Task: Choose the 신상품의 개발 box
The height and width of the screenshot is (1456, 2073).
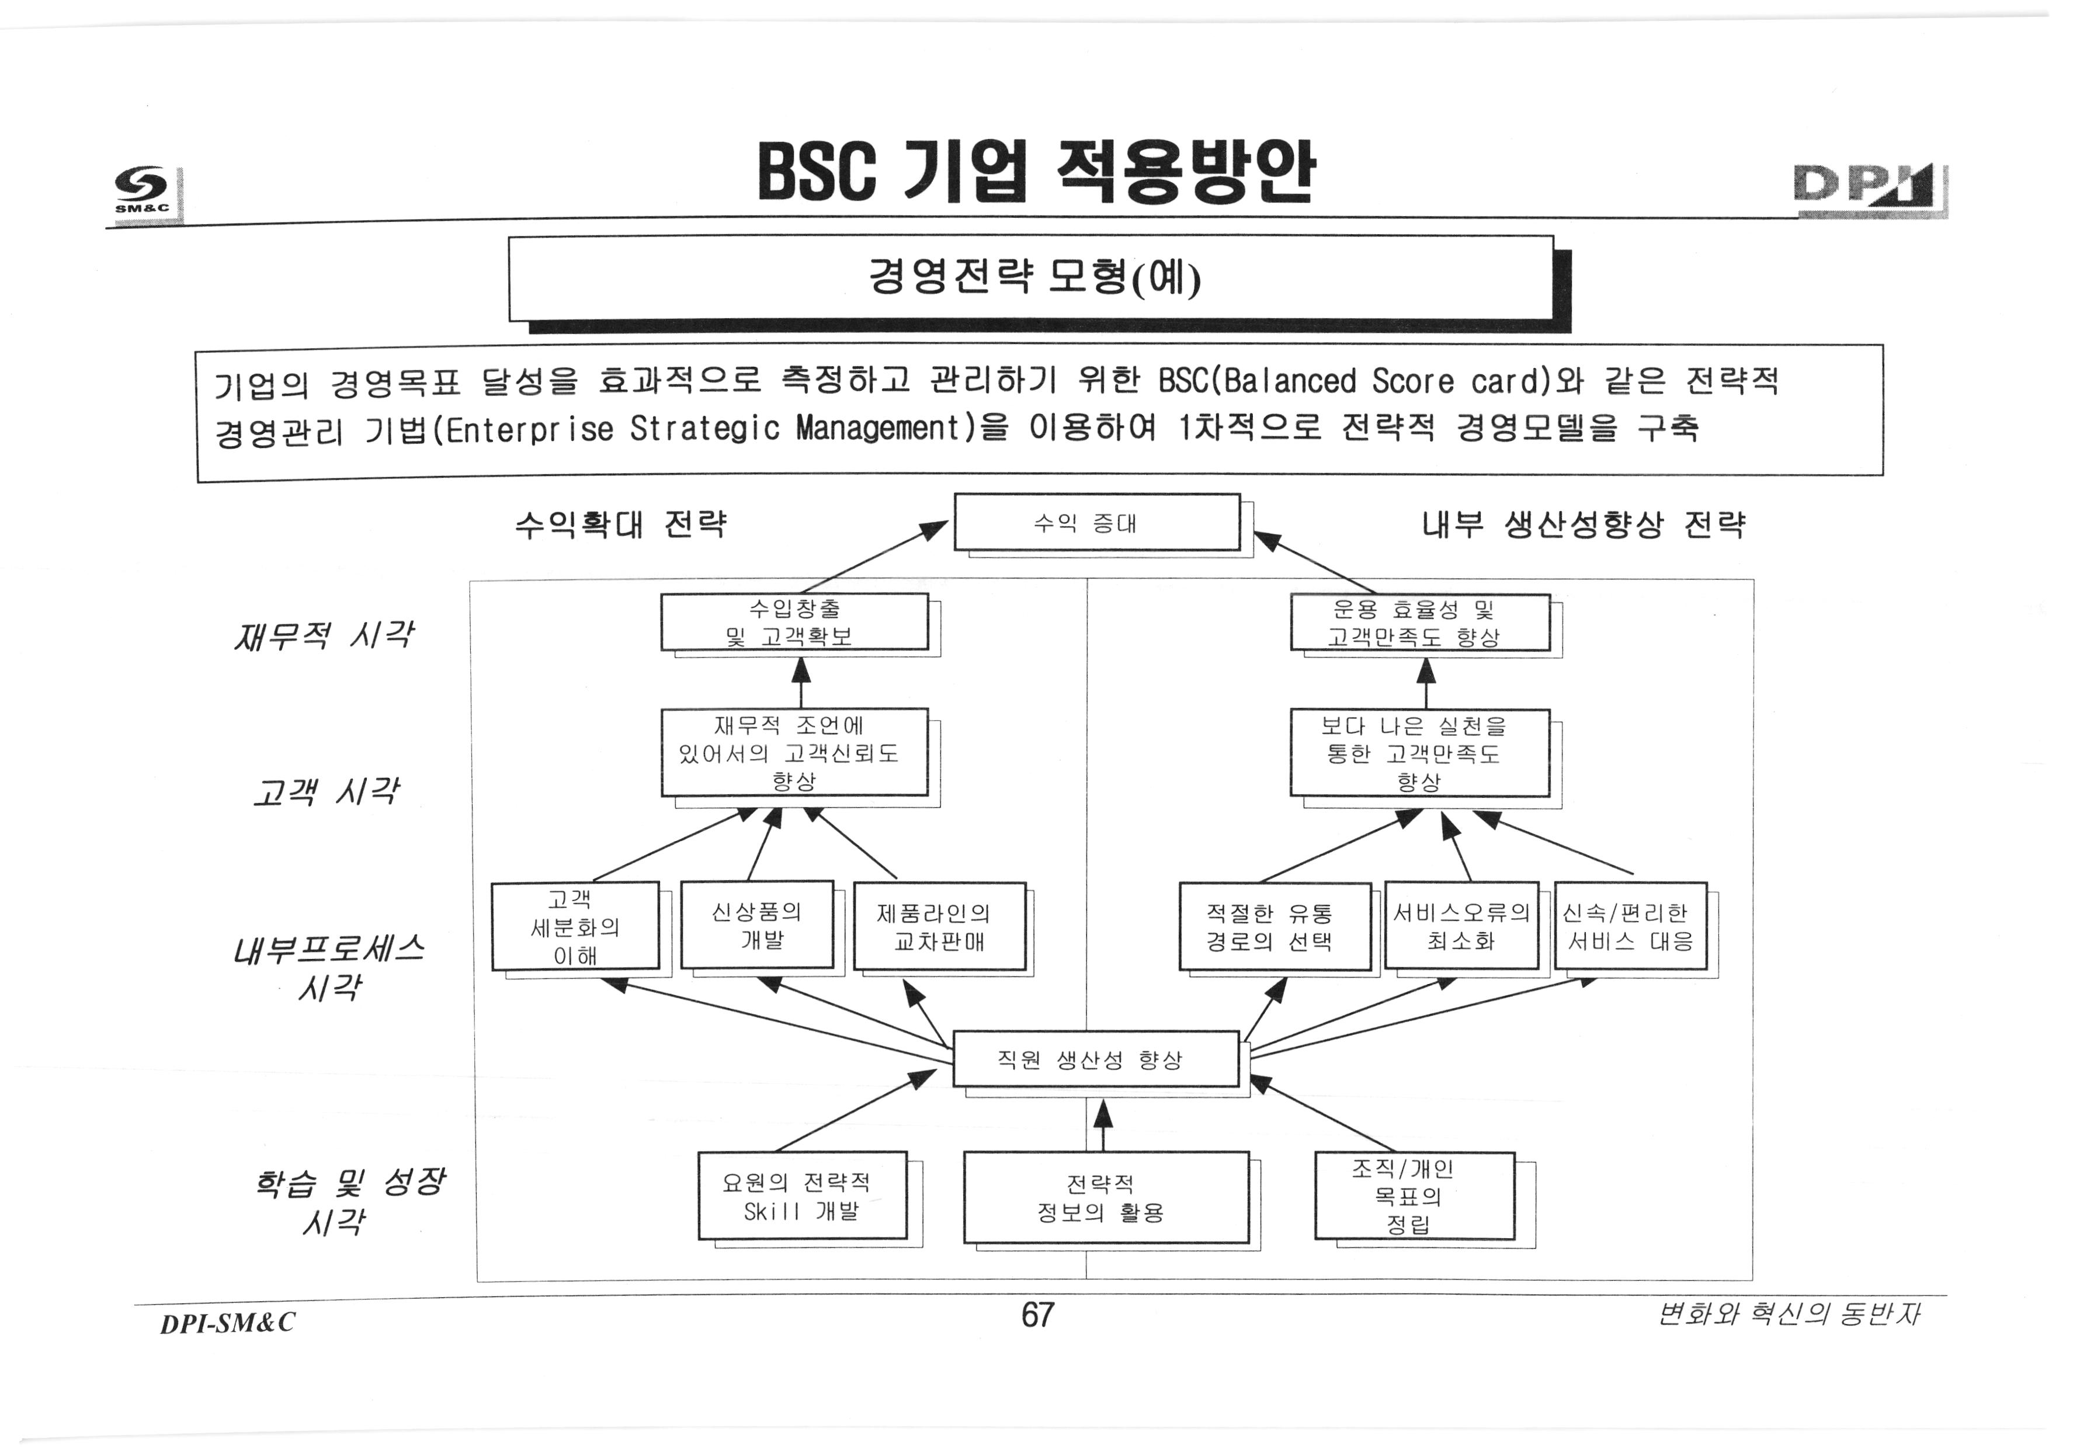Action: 756,925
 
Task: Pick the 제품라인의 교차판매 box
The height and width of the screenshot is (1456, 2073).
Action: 939,926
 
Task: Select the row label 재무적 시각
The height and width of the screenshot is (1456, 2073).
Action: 323,635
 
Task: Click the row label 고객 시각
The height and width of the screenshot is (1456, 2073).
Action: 325,791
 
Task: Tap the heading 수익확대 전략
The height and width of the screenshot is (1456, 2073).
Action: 620,523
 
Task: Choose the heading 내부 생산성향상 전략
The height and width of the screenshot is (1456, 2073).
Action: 1583,523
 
